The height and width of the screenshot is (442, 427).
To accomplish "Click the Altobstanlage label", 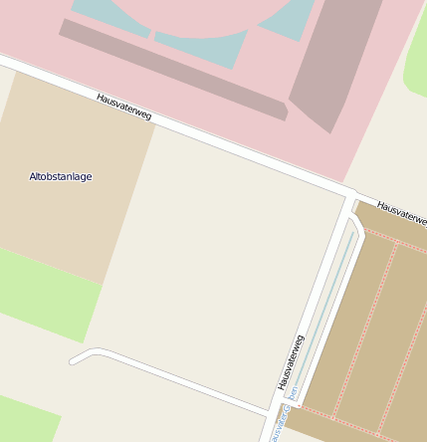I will click(61, 176).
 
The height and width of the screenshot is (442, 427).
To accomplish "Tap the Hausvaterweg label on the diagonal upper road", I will click(124, 107).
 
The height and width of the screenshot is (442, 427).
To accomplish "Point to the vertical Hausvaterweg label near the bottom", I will click(290, 361).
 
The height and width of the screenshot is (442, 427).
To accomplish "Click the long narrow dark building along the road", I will click(174, 69).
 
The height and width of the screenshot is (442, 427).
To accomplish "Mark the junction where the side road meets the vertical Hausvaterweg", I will click(270, 412).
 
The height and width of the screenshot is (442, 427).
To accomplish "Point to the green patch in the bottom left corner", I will click(25, 418).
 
